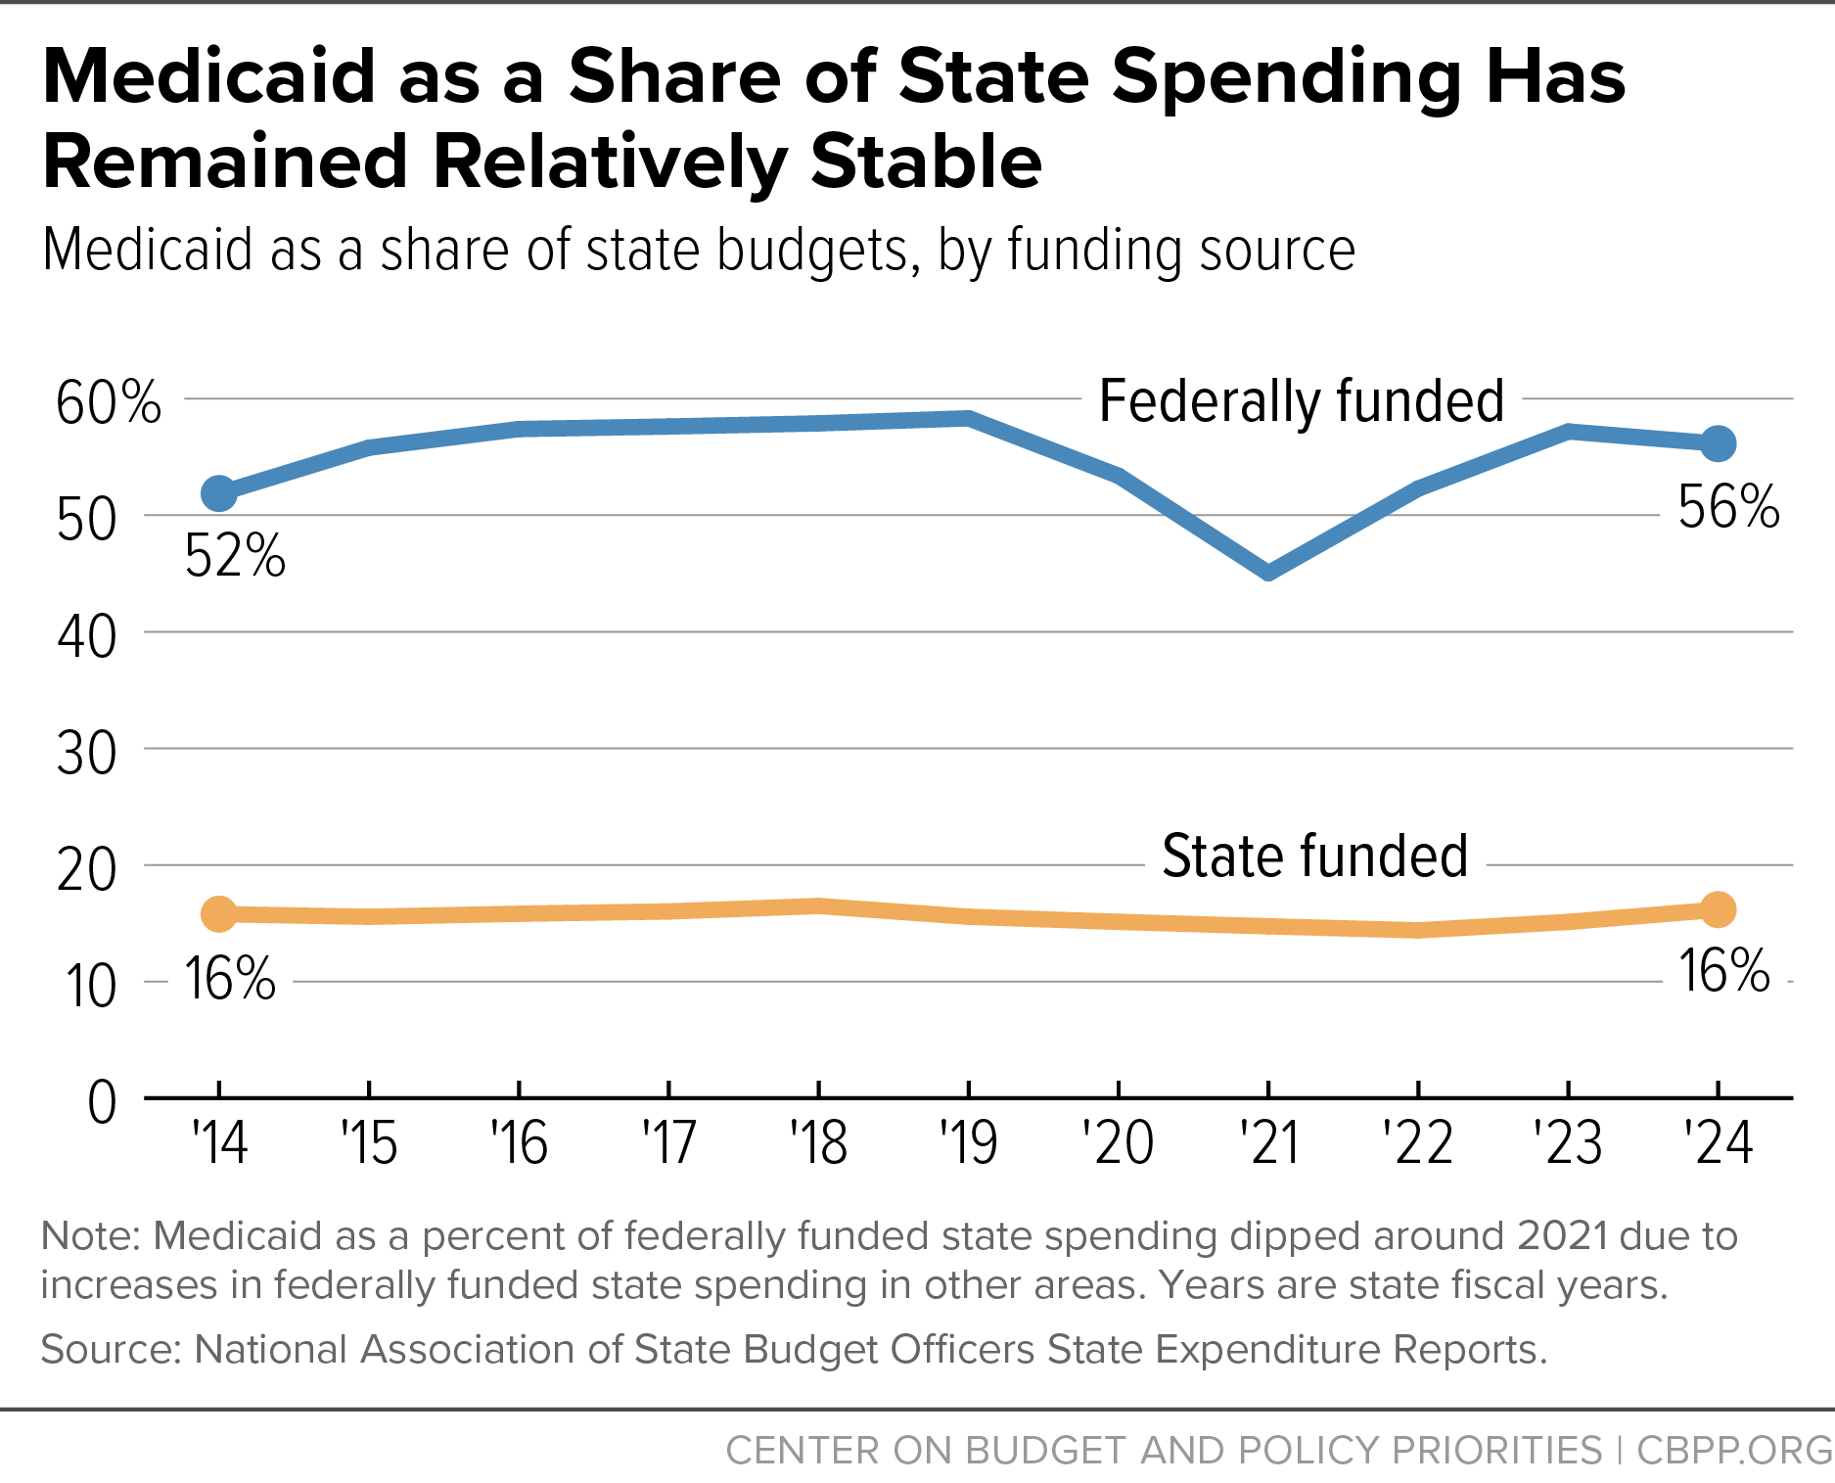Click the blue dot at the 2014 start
[219, 493]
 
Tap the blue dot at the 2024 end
[1718, 443]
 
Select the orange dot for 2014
[219, 914]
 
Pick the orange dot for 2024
[1718, 909]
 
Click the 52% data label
[235, 556]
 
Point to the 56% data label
[1728, 507]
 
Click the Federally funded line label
[1302, 400]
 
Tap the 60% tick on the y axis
[109, 402]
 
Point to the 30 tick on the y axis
[87, 754]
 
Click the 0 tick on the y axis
[102, 1102]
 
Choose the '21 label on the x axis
[1269, 1142]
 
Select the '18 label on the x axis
[818, 1142]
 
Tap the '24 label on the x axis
[1718, 1142]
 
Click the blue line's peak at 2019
[968, 419]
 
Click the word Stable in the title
[926, 162]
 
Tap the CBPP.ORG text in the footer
[1735, 1450]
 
